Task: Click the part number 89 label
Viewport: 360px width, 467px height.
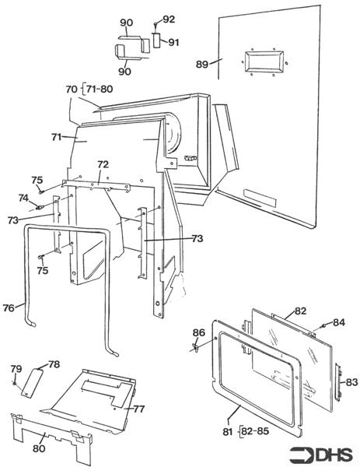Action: (x=201, y=65)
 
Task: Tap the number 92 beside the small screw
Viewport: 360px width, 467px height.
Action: (x=169, y=19)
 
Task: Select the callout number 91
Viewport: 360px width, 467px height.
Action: (x=173, y=42)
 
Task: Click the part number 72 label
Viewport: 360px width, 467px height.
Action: (x=103, y=164)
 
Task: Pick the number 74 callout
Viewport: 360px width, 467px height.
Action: (x=23, y=198)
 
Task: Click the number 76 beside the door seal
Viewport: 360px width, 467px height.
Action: (x=9, y=308)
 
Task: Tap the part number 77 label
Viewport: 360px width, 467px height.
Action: (x=138, y=409)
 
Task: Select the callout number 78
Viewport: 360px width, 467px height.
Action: (x=54, y=364)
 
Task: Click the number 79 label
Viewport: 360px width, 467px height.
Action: (x=16, y=369)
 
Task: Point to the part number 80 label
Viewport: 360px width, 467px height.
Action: (x=39, y=448)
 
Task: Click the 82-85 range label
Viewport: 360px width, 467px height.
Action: (x=256, y=431)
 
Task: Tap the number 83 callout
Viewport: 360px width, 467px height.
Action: (x=351, y=382)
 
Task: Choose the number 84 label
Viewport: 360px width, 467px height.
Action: (x=339, y=322)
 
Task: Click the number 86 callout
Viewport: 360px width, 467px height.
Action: (x=198, y=332)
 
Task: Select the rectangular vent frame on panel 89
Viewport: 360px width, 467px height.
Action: (x=264, y=61)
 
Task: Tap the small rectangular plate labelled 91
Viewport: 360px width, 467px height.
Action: (x=156, y=40)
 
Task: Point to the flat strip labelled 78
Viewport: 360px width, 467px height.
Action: (x=32, y=383)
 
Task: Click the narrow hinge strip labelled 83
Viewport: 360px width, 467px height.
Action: (x=338, y=381)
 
